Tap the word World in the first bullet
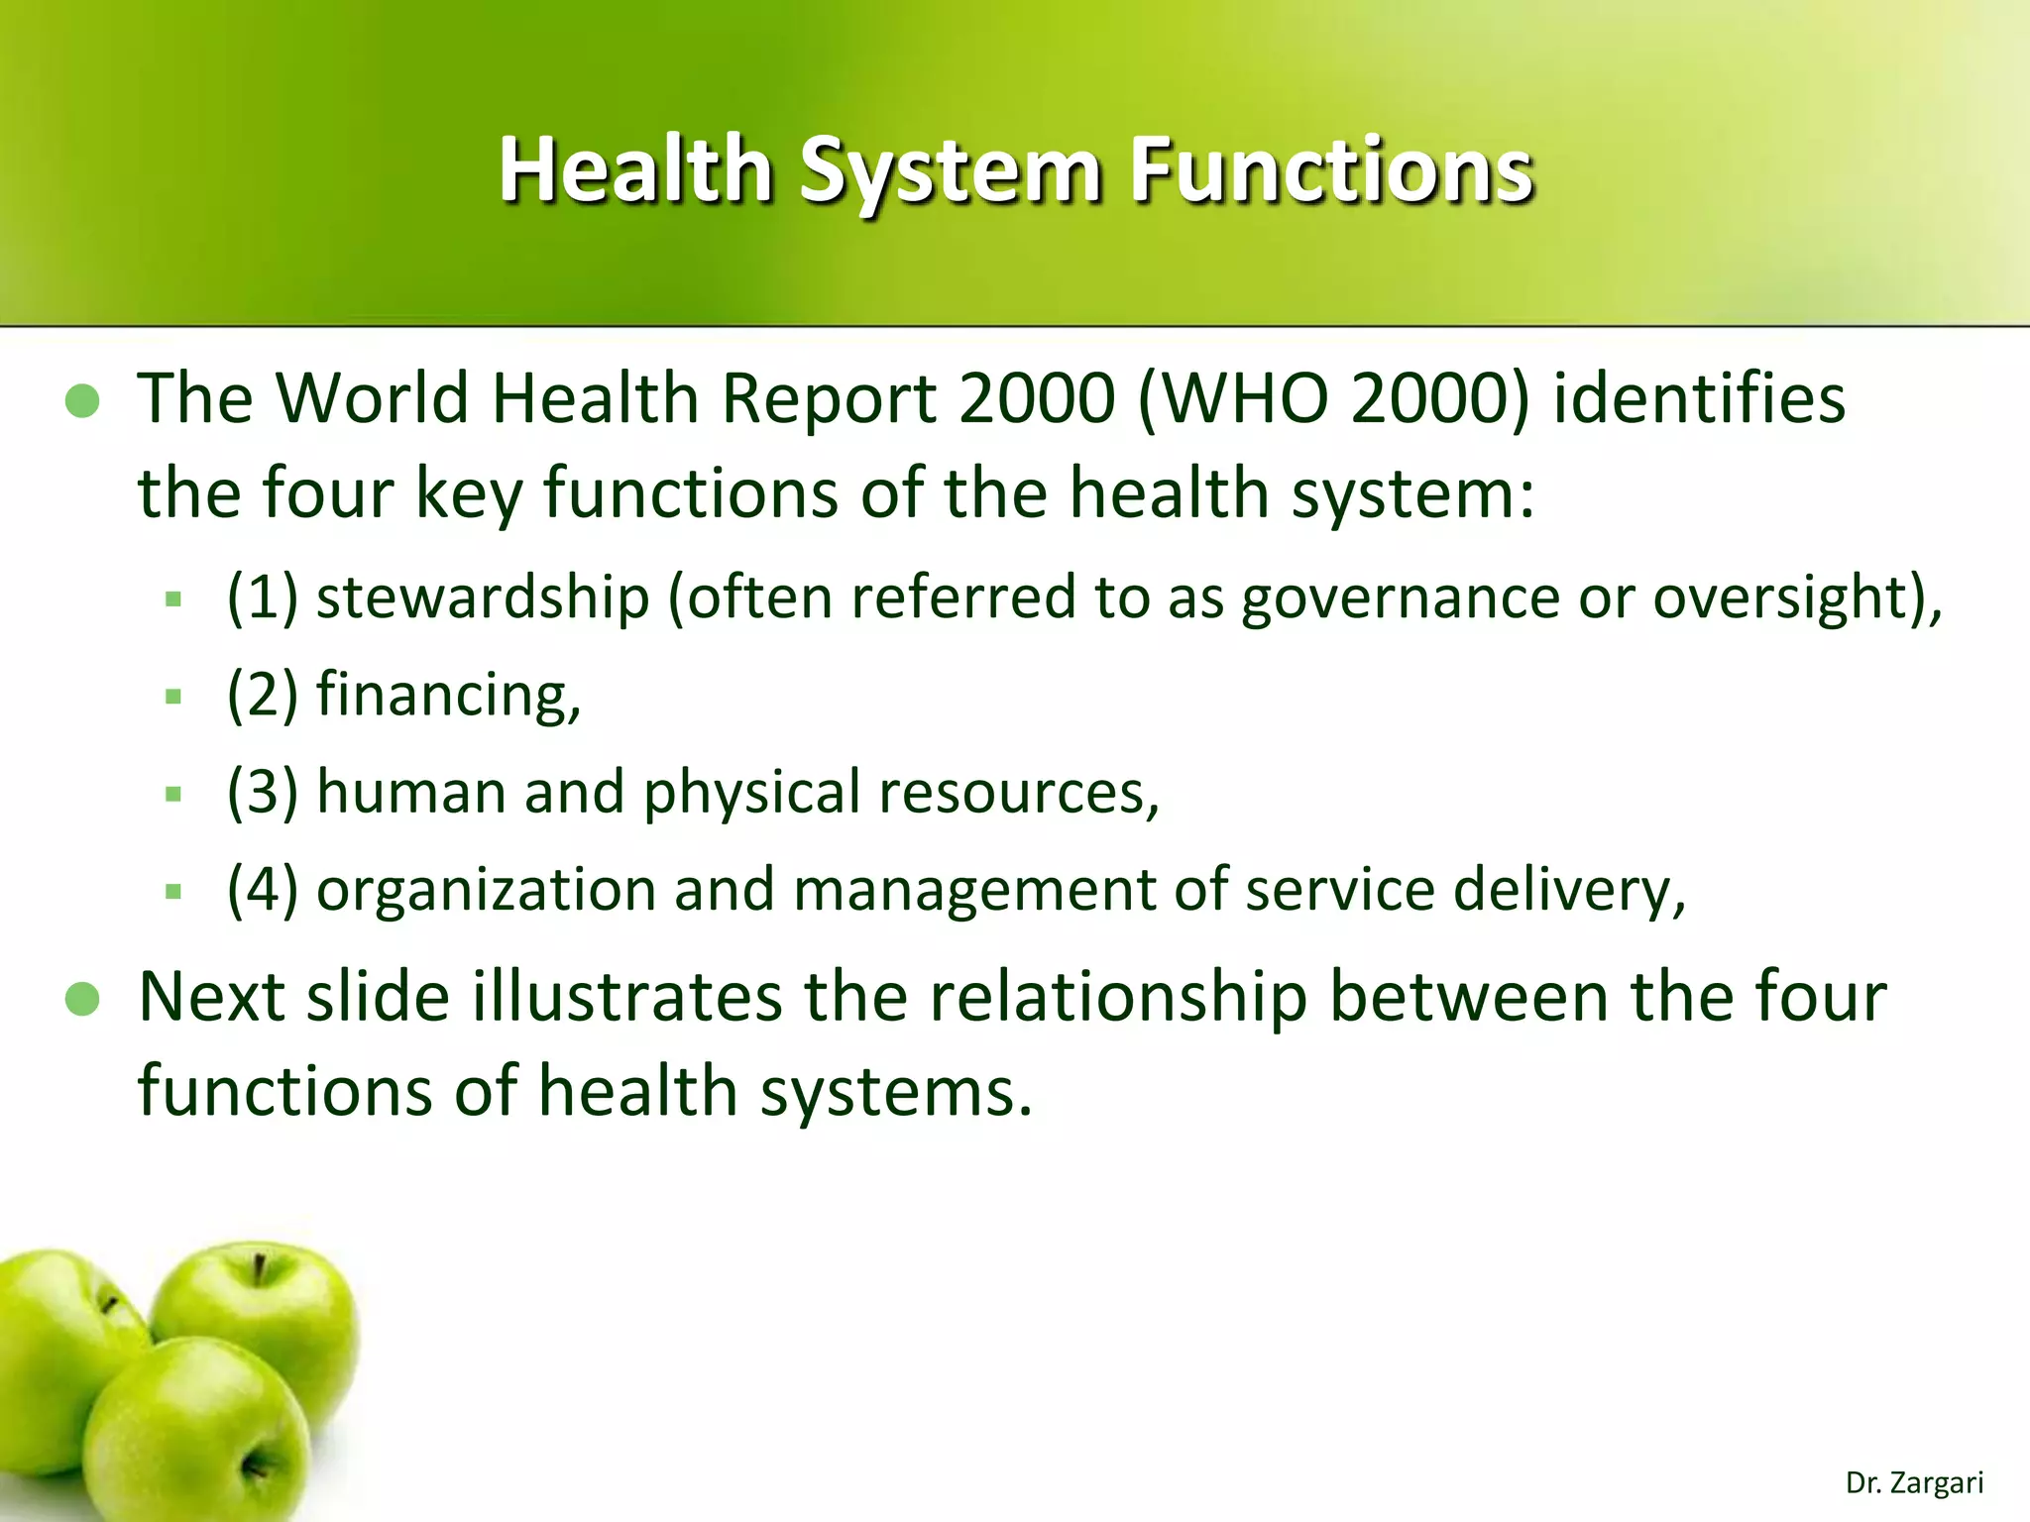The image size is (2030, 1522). (x=372, y=398)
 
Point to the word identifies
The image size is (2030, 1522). (x=1698, y=398)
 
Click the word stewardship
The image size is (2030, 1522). (x=482, y=598)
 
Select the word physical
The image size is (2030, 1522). (x=751, y=793)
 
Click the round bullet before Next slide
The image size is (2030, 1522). (x=82, y=999)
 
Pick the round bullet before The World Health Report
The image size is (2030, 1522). (x=82, y=401)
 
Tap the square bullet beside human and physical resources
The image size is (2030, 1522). (x=174, y=794)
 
